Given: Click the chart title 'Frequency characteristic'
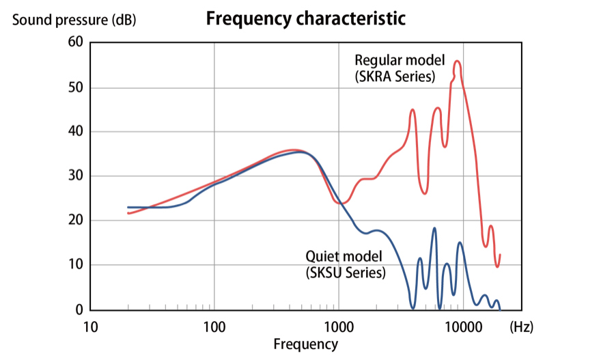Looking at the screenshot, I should point(305,18).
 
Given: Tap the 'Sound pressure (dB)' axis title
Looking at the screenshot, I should point(74,20).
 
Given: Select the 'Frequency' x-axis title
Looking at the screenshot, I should point(305,344).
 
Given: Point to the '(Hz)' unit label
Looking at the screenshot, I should point(521,327).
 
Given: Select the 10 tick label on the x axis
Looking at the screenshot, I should point(90,327).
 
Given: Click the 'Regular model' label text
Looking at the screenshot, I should point(400,59).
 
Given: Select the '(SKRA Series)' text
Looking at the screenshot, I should point(395,77).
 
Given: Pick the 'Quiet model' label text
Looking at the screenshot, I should point(343,256).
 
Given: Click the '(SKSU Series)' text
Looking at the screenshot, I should point(346,273).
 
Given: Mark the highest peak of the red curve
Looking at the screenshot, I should point(458,61).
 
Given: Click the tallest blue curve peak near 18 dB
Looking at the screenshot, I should point(434,228).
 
